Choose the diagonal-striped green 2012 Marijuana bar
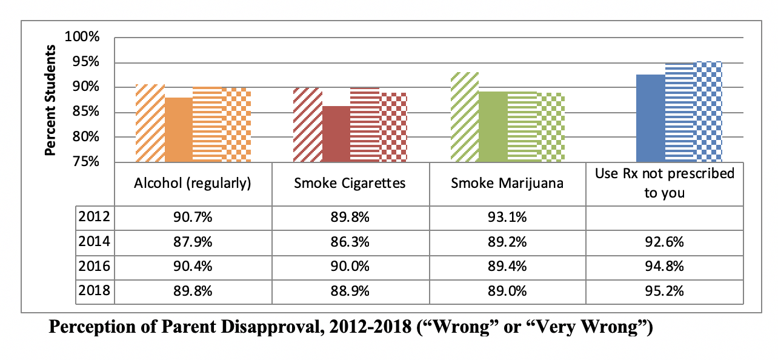pyautogui.click(x=465, y=117)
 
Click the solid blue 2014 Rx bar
pyautogui.click(x=650, y=118)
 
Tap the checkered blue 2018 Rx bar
pyautogui.click(x=708, y=112)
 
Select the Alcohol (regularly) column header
pyautogui.click(x=193, y=183)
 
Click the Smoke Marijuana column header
pyautogui.click(x=507, y=183)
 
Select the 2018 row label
pyautogui.click(x=94, y=290)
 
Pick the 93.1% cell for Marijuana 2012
pyautogui.click(x=507, y=216)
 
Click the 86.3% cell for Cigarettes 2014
pyautogui.click(x=350, y=241)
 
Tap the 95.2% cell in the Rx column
pyautogui.click(x=664, y=290)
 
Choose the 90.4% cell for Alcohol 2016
pyautogui.click(x=193, y=266)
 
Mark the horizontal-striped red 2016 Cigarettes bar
pyautogui.click(x=365, y=125)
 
